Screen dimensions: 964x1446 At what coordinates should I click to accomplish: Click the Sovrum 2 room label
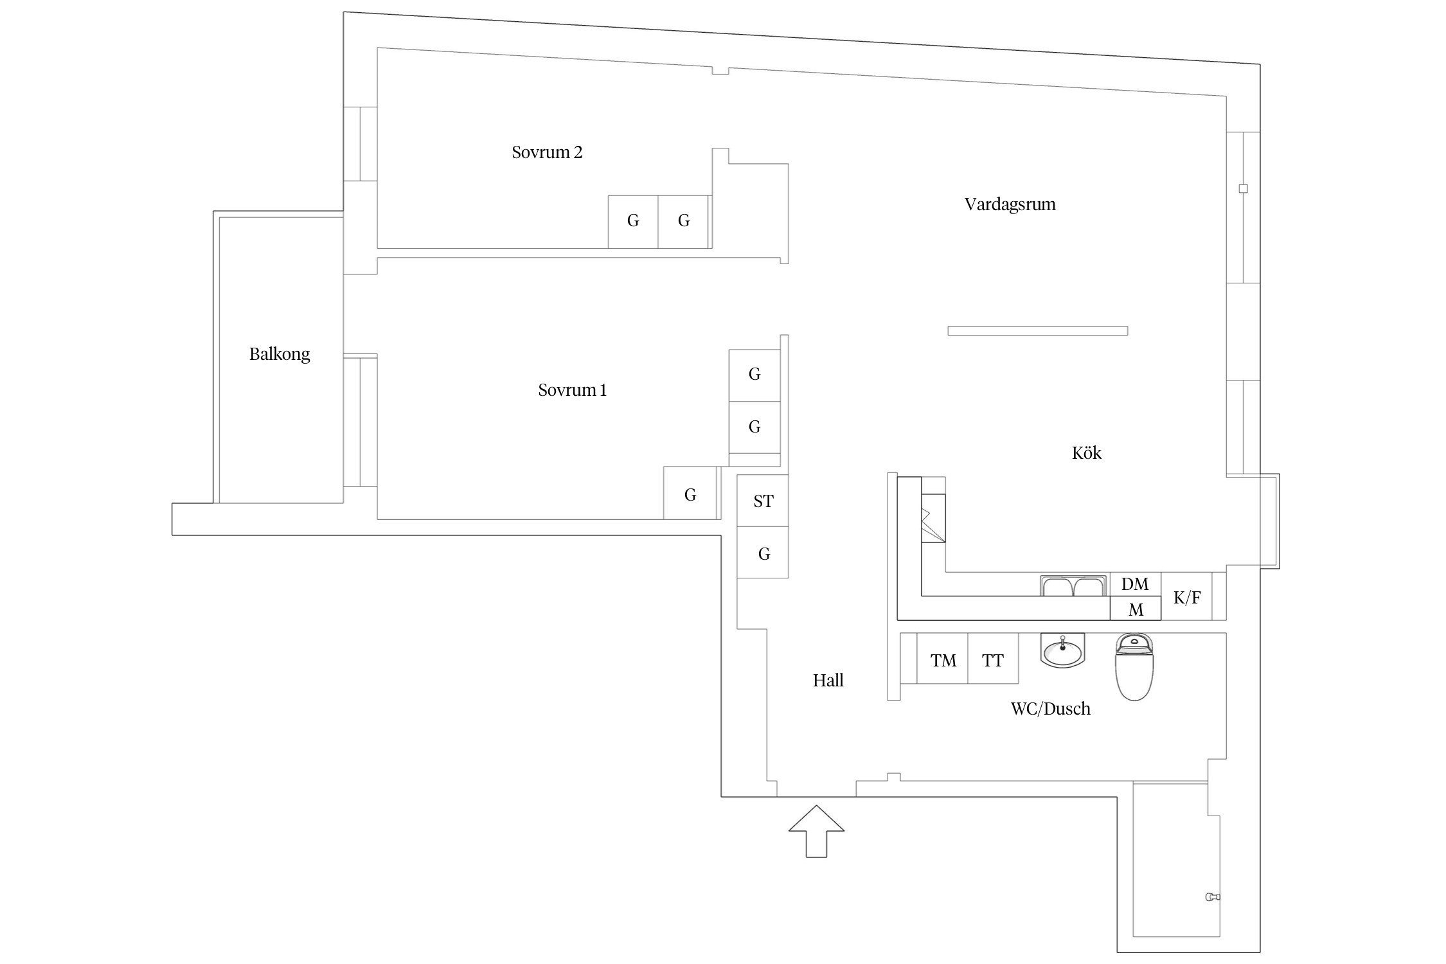547,152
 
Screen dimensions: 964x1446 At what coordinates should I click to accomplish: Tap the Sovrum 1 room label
572,390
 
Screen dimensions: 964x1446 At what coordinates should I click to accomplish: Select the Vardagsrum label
1010,204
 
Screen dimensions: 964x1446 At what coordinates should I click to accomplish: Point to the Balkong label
280,354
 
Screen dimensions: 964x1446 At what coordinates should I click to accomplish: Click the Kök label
1086,453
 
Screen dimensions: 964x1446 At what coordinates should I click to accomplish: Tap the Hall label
828,681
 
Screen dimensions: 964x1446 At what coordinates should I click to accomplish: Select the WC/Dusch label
1050,709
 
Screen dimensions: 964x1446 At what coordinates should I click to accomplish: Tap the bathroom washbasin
1062,651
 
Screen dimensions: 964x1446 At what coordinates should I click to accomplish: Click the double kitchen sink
1073,586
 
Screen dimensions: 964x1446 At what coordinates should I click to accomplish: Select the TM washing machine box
943,660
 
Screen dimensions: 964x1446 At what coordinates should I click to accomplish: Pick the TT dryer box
993,660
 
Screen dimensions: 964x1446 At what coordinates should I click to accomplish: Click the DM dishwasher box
1135,584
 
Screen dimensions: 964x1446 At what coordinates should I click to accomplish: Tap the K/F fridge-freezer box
1187,598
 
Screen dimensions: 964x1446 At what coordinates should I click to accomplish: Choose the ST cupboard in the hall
763,501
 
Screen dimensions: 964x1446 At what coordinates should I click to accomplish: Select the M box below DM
1136,609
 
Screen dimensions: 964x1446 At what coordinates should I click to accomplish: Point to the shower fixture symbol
1212,897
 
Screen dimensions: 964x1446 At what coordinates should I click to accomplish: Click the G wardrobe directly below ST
763,553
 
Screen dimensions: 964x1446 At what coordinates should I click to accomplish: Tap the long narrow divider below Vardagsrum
1037,331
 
